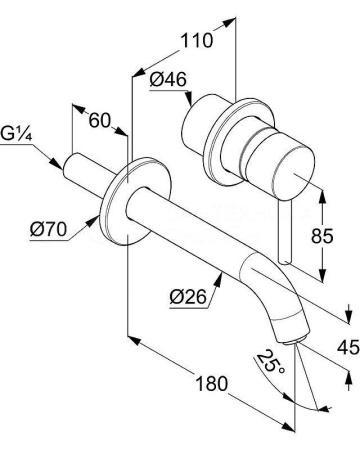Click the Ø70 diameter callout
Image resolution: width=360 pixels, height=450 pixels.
point(48,230)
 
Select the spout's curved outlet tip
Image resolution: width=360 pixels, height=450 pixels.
point(288,326)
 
